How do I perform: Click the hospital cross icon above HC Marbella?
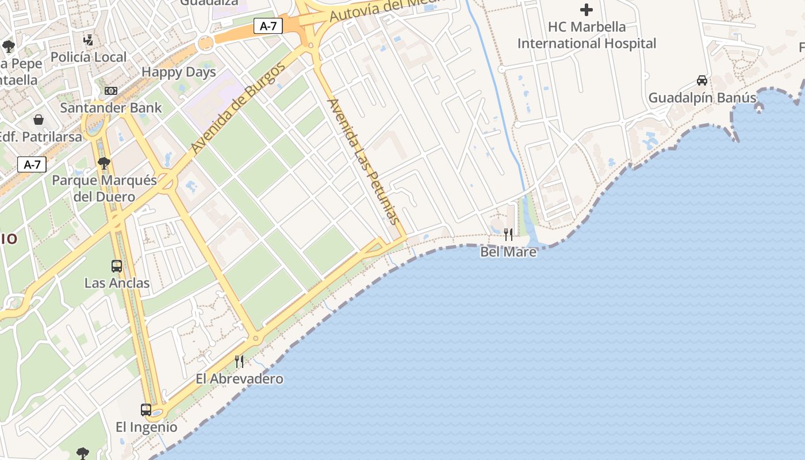[586, 10]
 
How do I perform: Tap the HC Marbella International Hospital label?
[586, 35]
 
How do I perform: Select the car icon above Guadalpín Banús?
[701, 80]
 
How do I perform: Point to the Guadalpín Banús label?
[702, 98]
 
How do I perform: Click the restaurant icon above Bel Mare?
[508, 235]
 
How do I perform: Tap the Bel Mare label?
[508, 252]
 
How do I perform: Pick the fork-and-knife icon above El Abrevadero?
[239, 362]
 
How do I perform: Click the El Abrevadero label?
[239, 379]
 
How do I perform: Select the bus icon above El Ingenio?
[146, 410]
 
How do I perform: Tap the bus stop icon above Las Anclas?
[117, 266]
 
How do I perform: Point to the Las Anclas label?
[117, 283]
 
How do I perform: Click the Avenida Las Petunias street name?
[362, 161]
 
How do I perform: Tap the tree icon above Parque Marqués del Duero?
[104, 164]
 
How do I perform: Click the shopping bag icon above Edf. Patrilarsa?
[39, 120]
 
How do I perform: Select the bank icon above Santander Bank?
[111, 91]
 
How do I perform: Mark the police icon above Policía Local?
[88, 40]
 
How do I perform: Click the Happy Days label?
[179, 72]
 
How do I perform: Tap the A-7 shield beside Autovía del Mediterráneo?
[268, 26]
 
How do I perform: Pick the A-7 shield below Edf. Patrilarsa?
[32, 165]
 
